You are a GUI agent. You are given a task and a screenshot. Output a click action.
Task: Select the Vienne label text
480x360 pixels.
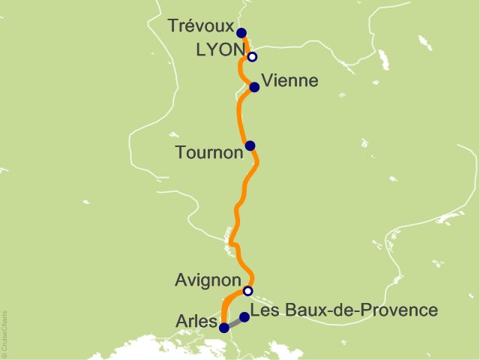(x=291, y=80)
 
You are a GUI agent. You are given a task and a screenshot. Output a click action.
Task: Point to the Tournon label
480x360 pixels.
(x=209, y=152)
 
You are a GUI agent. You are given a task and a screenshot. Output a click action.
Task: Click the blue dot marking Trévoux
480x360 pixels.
(x=241, y=32)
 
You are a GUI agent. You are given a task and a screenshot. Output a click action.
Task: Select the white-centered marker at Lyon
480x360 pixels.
(x=253, y=57)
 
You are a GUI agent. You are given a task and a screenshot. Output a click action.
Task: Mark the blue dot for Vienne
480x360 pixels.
(x=254, y=87)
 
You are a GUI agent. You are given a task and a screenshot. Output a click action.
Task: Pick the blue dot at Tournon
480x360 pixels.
(x=250, y=145)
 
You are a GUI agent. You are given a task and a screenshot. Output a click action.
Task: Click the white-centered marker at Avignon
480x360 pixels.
(x=248, y=291)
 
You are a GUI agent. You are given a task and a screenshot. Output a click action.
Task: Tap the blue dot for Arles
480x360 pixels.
(x=223, y=327)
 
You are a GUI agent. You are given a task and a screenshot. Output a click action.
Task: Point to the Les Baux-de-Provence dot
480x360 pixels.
(x=244, y=316)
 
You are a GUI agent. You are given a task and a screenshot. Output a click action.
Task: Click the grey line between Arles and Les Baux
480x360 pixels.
(x=234, y=322)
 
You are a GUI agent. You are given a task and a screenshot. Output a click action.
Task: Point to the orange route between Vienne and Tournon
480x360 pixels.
(x=240, y=116)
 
